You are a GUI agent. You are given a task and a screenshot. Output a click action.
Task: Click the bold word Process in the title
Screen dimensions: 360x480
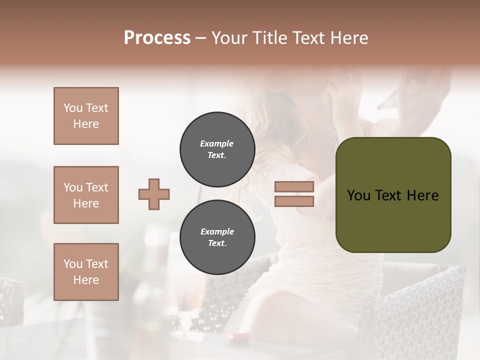pyautogui.click(x=157, y=38)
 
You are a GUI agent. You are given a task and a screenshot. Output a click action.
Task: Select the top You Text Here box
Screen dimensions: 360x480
pyautogui.click(x=86, y=116)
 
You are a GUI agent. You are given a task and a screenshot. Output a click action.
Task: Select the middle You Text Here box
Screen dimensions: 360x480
pyautogui.click(x=86, y=195)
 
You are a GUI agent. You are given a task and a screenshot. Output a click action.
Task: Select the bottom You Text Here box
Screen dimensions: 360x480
pyautogui.click(x=86, y=271)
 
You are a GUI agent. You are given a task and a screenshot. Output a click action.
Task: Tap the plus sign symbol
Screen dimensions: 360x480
pyautogui.click(x=154, y=194)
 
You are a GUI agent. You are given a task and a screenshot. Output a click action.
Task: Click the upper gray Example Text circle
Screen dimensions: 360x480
pyautogui.click(x=217, y=149)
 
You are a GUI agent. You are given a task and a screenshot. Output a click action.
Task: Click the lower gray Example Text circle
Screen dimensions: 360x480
pyautogui.click(x=217, y=237)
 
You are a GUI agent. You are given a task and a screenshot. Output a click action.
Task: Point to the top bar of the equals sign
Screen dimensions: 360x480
pyautogui.click(x=294, y=186)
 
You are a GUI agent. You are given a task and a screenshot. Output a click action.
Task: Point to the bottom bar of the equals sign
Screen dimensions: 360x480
pyautogui.click(x=294, y=201)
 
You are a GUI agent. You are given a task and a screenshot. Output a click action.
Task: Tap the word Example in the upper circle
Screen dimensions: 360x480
pyautogui.click(x=216, y=143)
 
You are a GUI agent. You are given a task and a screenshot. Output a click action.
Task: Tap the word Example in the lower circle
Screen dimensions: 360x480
pyautogui.click(x=216, y=231)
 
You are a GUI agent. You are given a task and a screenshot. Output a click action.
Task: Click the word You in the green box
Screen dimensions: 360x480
pyautogui.click(x=358, y=195)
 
